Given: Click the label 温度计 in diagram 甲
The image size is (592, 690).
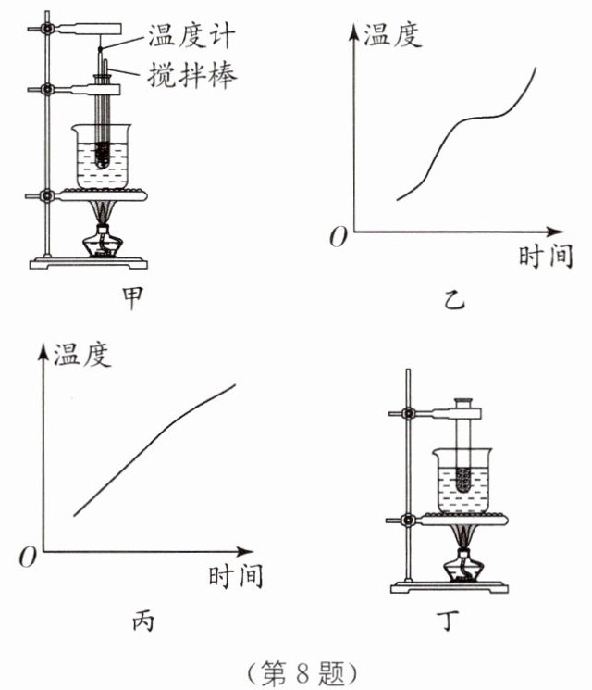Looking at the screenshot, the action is tap(191, 35).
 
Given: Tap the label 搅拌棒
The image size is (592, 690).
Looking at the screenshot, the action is tap(192, 74).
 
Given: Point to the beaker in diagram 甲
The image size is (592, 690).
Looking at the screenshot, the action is tap(102, 157).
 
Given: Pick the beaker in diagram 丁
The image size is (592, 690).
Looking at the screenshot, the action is tap(462, 480).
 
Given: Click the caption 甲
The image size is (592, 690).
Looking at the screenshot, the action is tap(132, 297).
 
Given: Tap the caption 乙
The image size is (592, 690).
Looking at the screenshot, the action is tap(454, 300).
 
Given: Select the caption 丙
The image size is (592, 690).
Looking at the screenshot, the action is tap(143, 621).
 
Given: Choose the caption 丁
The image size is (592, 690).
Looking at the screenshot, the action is tap(450, 620).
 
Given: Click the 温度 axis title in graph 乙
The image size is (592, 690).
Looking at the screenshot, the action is tap(392, 34).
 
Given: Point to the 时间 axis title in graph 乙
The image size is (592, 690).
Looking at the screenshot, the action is tap(546, 256).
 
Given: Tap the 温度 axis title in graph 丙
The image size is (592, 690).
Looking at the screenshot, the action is tap(81, 354).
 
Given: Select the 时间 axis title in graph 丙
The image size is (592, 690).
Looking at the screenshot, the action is tap(236, 575).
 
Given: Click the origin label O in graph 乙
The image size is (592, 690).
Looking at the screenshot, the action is tap(339, 237).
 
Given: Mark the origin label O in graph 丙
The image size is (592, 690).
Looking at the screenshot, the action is tap(27, 557).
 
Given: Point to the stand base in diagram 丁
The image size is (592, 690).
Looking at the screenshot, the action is tap(450, 587).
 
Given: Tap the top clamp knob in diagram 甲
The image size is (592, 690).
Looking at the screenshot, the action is tap(46, 29).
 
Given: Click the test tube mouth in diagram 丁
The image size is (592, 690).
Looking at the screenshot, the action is tap(463, 401).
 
